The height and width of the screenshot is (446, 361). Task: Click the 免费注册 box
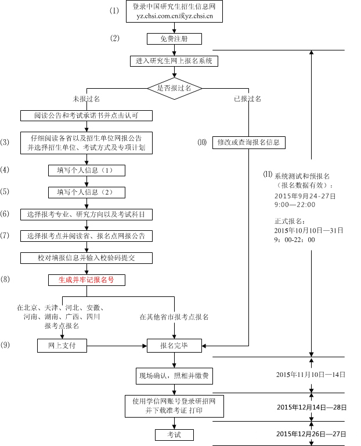coord(174,39)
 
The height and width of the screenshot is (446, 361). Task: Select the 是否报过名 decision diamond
coord(174,88)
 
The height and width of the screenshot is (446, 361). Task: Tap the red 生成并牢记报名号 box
coord(86,280)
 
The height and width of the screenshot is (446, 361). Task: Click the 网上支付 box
coord(62,346)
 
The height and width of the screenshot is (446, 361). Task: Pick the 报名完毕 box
coord(174,346)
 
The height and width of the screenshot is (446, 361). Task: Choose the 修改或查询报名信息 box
coord(248,142)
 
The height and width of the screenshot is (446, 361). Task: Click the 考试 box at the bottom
coord(174,434)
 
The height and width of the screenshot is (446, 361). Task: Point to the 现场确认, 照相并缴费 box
coord(174,376)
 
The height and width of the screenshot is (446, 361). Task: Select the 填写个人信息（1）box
coord(86,171)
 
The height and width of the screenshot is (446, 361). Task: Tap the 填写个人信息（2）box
coord(86,192)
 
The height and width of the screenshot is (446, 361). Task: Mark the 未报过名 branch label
coord(86,99)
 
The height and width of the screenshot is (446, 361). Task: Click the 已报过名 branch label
coord(248,99)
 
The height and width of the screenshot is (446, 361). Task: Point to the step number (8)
coord(5,280)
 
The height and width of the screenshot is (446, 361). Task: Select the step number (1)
coord(114,11)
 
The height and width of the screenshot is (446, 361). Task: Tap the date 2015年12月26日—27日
coord(311,434)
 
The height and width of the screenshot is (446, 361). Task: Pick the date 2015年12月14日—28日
coord(311,408)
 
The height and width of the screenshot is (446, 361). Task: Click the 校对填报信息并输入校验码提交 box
coord(86,258)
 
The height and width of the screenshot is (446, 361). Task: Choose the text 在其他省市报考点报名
coord(174,317)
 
